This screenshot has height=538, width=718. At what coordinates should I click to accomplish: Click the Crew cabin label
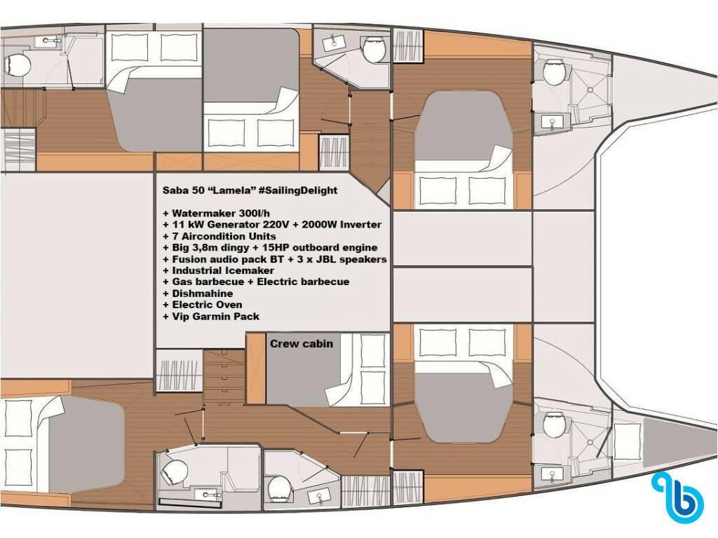point(302,343)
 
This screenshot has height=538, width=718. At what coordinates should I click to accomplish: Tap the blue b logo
point(679,498)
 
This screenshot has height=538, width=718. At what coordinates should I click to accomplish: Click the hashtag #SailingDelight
point(298,191)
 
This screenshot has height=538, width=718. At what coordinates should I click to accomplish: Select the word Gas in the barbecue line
point(182,282)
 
